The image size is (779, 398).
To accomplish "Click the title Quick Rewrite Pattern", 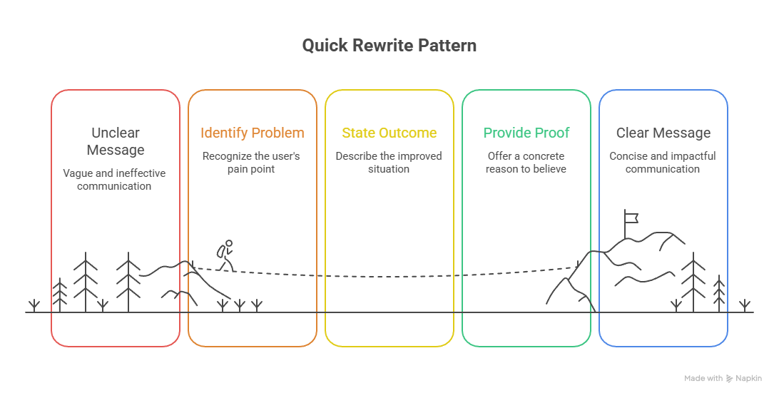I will tap(389, 46).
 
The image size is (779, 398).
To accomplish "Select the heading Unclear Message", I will tap(116, 141).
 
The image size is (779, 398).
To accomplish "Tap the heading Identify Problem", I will tap(252, 133).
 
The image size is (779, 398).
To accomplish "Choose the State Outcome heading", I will tap(389, 133).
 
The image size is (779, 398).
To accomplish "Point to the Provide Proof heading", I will tap(526, 133).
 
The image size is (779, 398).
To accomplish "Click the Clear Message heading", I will tap(663, 133).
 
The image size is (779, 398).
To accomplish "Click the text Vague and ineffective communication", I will tap(114, 180).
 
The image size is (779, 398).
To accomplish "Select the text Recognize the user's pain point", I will tap(252, 163).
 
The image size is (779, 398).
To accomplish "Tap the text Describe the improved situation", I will tap(389, 163).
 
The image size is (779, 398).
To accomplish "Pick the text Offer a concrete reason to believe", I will tap(526, 163).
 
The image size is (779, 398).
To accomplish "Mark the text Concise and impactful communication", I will tap(663, 163).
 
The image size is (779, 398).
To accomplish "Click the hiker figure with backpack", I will tap(225, 255).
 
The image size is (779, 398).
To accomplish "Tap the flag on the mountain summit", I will tap(630, 216).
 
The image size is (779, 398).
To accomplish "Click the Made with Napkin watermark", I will tap(723, 379).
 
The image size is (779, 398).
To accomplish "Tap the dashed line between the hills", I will tap(389, 275).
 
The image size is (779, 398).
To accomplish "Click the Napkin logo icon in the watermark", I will tap(730, 379).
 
